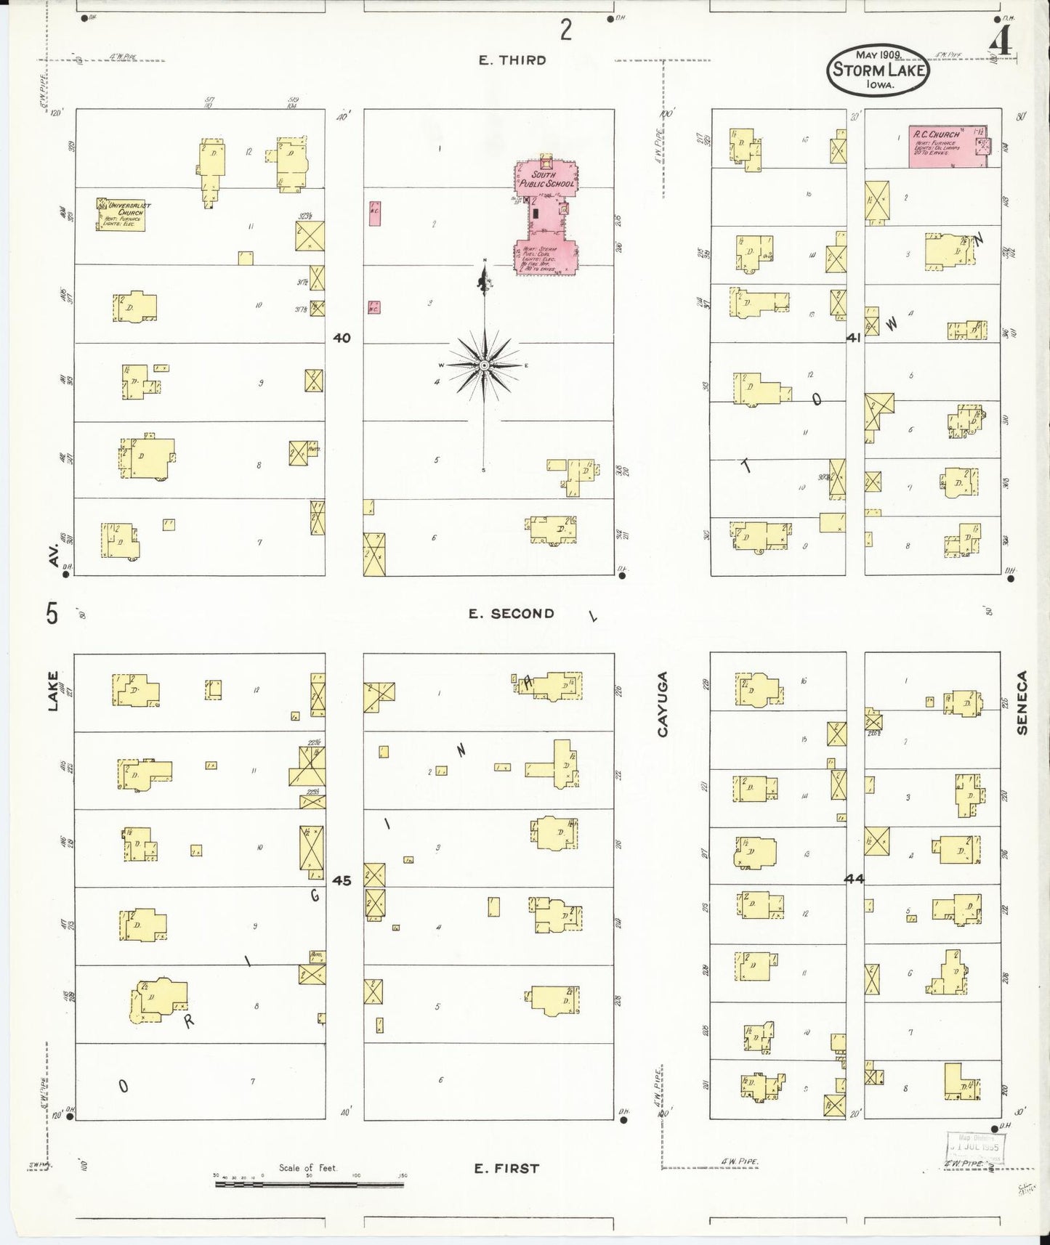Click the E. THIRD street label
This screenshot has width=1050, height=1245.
[512, 60]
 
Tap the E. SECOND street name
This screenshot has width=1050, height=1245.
[511, 614]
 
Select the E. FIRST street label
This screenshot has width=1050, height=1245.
[506, 1169]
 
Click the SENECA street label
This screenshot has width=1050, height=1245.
[1022, 702]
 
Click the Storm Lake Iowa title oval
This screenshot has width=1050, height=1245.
[879, 70]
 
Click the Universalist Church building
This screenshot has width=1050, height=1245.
[121, 214]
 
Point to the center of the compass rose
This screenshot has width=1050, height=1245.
[484, 365]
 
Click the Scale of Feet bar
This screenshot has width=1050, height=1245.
[309, 1185]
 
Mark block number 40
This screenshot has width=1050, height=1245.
[342, 338]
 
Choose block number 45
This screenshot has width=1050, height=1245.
[342, 880]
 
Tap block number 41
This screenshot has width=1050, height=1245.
[854, 338]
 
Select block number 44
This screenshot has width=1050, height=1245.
[854, 879]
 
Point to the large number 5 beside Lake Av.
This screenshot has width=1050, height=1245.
[52, 615]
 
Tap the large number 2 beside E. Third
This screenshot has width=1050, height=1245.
[566, 30]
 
